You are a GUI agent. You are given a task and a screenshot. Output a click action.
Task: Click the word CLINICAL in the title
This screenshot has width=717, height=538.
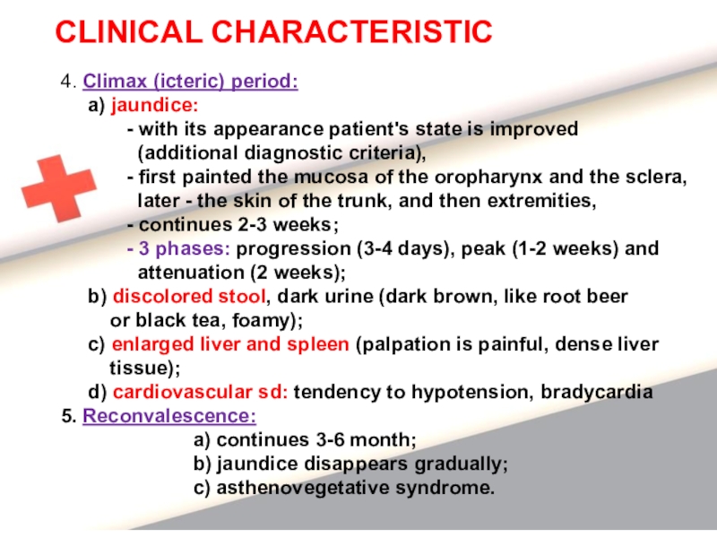click(129, 32)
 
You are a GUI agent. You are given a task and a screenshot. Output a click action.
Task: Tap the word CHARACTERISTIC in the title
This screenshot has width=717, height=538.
click(351, 32)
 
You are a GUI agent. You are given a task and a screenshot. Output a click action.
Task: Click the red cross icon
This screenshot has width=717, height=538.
click(59, 188)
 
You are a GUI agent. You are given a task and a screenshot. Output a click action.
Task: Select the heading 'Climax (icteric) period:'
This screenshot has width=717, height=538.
click(190, 82)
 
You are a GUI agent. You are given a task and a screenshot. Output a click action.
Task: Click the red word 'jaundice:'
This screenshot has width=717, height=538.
click(155, 105)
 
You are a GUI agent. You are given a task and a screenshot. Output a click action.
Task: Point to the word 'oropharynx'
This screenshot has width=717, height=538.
click(488, 177)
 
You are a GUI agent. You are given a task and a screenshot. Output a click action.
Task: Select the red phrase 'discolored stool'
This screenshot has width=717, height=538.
click(189, 296)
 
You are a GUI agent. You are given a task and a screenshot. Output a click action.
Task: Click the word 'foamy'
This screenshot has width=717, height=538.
click(261, 320)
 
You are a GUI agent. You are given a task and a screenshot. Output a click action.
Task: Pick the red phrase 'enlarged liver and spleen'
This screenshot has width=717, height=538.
click(230, 344)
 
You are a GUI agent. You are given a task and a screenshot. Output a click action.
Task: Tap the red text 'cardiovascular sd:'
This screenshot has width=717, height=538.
click(200, 392)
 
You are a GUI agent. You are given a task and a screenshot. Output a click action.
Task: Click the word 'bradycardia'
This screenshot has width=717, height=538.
click(596, 392)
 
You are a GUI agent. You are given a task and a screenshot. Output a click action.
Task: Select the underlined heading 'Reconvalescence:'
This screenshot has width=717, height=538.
click(169, 416)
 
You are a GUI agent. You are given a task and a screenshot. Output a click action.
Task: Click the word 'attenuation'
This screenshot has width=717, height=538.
click(191, 273)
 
